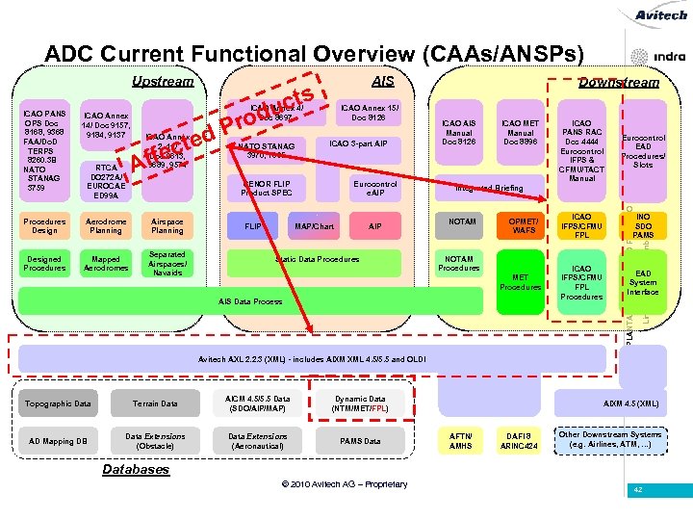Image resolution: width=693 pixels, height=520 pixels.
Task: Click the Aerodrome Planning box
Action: pos(106,225)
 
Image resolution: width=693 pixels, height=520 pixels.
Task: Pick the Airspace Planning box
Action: pos(167,225)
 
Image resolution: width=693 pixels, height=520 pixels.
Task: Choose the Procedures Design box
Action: pos(44,225)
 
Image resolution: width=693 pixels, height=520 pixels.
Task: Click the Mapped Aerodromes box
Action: pos(106,264)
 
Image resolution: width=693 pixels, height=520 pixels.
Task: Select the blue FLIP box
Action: pos(254,226)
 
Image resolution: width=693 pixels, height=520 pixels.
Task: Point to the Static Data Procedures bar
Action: pos(317,260)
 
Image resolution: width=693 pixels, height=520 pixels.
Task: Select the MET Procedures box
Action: pos(520,282)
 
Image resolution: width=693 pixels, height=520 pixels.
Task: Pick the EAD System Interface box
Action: pos(643,281)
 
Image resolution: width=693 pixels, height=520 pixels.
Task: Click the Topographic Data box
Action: pos(57,403)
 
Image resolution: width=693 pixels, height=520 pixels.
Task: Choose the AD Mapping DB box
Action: pos(57,441)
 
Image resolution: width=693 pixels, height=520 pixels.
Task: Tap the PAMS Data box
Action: pos(360,441)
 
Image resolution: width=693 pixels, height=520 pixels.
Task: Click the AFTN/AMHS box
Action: pos(459,440)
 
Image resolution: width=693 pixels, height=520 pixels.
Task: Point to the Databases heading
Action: pos(136,470)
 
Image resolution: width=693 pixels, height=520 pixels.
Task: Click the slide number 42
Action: pos(636,490)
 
